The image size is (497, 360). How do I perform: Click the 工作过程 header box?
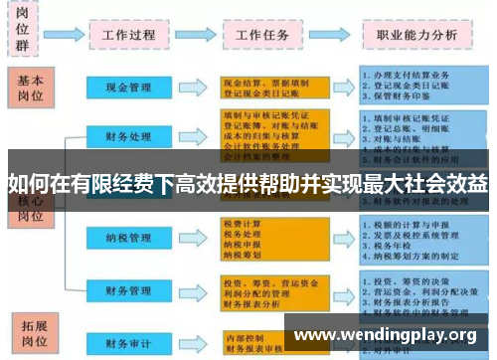point(128,34)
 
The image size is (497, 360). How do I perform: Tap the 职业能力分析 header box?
point(416,34)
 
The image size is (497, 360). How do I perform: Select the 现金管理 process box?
point(128,89)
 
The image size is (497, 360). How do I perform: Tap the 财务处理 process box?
point(128,135)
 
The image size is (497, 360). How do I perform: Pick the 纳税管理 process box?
point(128,239)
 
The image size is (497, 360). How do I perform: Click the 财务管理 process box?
point(128,290)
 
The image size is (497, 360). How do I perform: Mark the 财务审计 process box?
point(128,342)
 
